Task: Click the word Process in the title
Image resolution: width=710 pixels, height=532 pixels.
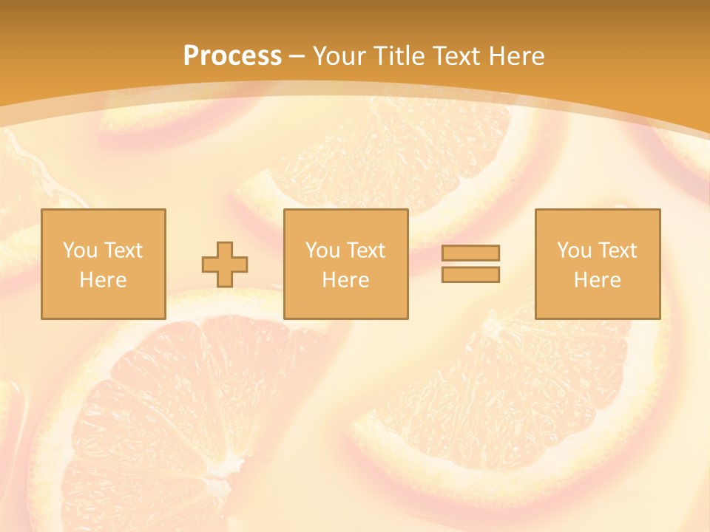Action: [232, 56]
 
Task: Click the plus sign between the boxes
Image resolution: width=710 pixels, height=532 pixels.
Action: [225, 265]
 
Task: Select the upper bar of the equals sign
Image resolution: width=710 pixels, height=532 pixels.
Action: [470, 253]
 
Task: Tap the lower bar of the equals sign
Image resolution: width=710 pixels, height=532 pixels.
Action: [470, 274]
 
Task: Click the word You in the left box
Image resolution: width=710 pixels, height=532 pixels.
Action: [79, 250]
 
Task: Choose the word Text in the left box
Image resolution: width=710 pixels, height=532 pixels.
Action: [123, 250]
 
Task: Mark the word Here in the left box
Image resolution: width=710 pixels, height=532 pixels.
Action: [103, 280]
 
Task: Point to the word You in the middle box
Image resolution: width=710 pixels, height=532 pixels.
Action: [322, 250]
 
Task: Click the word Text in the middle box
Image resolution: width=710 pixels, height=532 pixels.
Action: [366, 250]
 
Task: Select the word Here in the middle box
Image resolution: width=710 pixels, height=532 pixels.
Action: [345, 280]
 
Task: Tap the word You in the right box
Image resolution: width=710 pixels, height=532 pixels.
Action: [574, 250]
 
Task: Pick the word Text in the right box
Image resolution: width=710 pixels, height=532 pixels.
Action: [618, 250]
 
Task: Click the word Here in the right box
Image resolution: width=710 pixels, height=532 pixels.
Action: [597, 280]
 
